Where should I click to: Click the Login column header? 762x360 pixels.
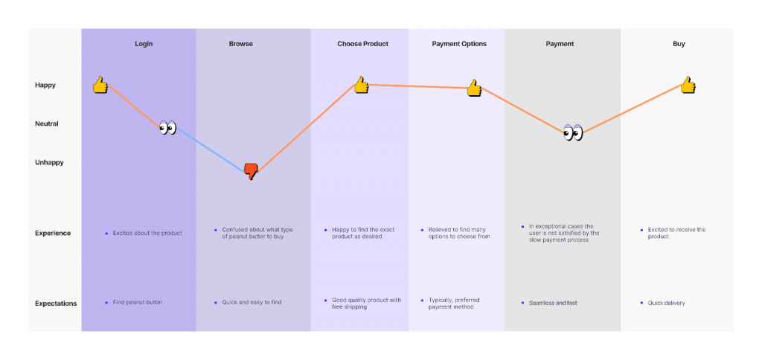coord(144,44)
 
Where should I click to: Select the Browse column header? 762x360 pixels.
coord(240,44)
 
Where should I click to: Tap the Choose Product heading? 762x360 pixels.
coord(362,44)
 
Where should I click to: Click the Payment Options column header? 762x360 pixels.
coord(459,44)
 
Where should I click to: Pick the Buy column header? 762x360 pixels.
coord(679,44)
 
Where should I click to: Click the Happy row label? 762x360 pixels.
coord(45,85)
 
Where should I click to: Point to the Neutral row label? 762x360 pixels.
coord(47,123)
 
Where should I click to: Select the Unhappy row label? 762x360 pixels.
coord(49,162)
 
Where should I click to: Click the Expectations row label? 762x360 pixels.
coord(56,303)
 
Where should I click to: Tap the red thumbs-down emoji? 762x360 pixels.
coord(251,171)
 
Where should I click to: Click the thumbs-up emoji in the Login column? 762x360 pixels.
coord(100,85)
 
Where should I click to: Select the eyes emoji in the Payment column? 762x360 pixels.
coord(572,132)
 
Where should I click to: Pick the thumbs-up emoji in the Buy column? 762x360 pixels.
coord(688,85)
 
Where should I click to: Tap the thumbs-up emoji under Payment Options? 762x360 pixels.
coord(474,89)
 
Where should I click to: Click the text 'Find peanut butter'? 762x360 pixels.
coord(138,303)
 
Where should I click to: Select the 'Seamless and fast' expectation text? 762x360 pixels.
coord(553,303)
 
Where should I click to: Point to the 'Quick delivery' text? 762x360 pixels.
coord(666,303)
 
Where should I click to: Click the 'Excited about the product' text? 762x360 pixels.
coord(147,233)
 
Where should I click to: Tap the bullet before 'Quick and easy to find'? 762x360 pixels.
coord(215,303)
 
